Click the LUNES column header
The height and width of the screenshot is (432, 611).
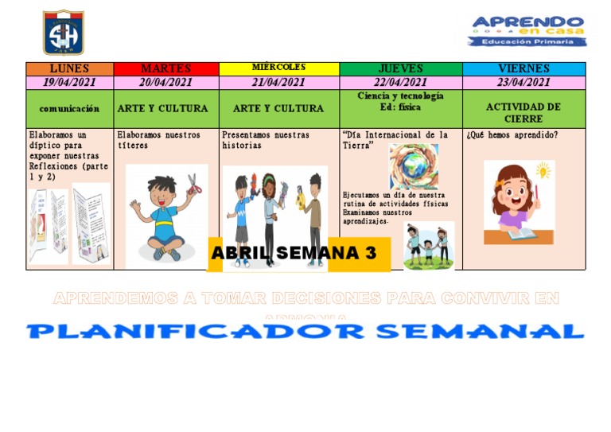69,69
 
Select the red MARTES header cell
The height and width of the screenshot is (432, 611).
165,69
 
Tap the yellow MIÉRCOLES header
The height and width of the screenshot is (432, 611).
278,68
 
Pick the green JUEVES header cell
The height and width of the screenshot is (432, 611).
401,69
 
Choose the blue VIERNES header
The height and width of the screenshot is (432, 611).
523,69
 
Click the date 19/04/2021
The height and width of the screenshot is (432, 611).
69,82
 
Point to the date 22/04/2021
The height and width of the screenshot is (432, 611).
401,82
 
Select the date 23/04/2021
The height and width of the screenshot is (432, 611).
523,82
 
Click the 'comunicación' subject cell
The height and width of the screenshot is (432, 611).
69,108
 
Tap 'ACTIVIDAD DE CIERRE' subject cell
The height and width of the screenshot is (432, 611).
523,112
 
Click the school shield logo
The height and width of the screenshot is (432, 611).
63,33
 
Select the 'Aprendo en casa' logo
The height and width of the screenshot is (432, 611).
527,31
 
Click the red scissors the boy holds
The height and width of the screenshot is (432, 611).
193,185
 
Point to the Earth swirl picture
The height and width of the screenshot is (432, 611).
414,167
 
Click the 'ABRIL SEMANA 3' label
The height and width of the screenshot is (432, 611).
293,254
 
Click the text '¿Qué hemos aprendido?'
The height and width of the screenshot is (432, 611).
512,135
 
